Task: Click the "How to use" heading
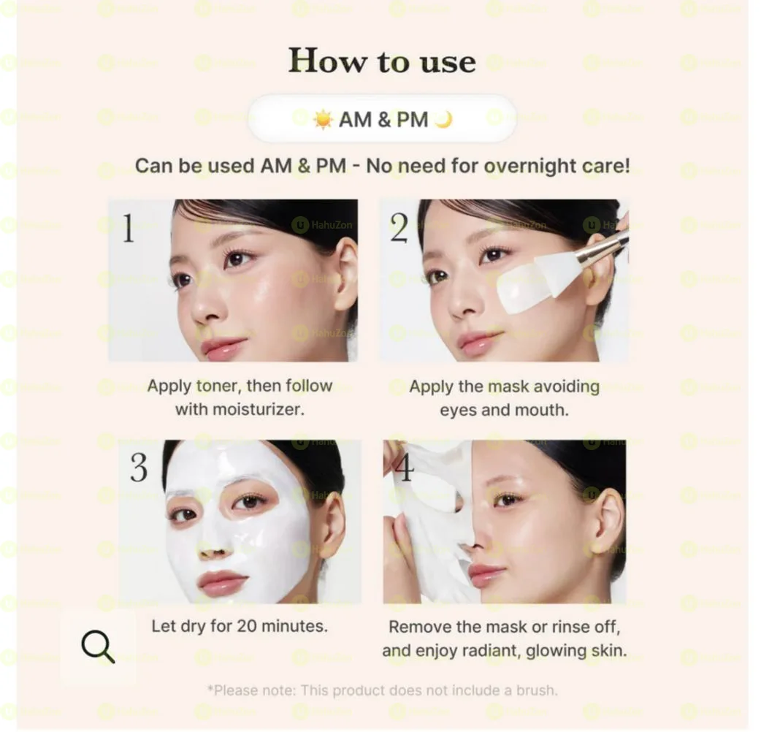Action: [x=382, y=61]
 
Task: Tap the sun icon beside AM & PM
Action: [x=323, y=119]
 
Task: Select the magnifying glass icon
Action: [x=98, y=647]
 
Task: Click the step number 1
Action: [x=128, y=229]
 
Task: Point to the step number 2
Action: [x=399, y=229]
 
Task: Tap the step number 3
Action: [x=139, y=468]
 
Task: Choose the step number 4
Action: [x=403, y=468]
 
